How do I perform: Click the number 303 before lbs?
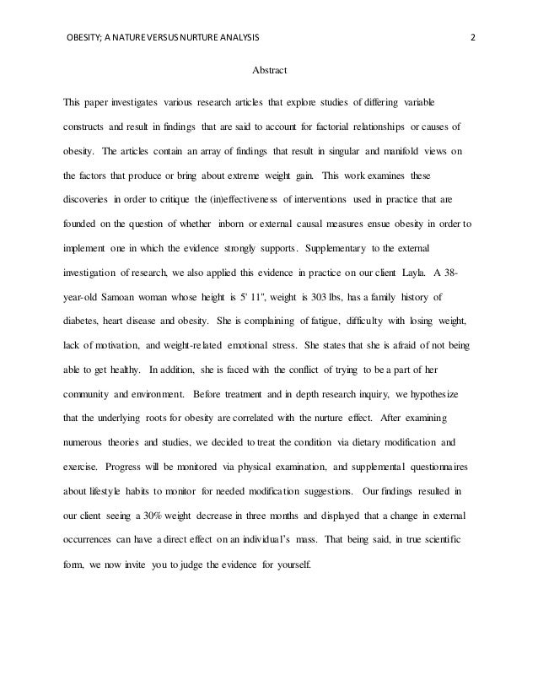click(314, 298)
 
